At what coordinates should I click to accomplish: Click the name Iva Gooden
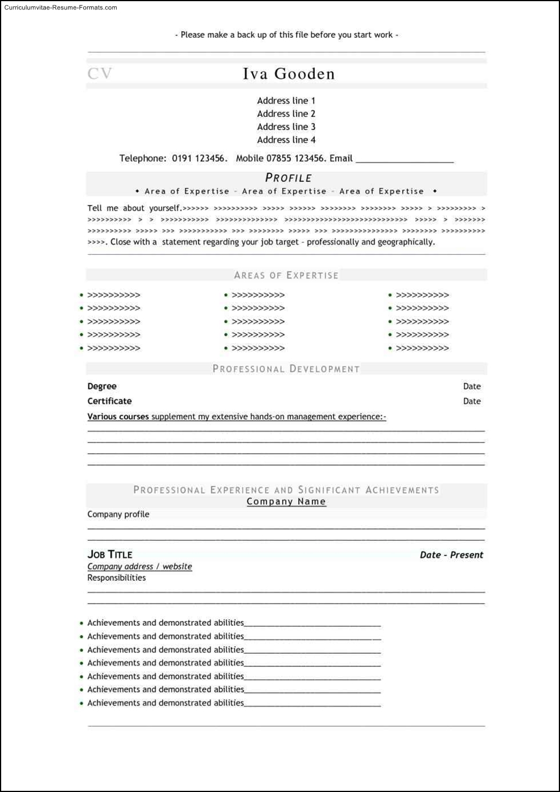pyautogui.click(x=288, y=74)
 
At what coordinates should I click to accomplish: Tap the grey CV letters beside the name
pyautogui.click(x=99, y=74)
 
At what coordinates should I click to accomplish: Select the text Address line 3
pyautogui.click(x=286, y=127)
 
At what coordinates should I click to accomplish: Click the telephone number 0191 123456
pyautogui.click(x=198, y=158)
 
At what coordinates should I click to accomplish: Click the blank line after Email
pyautogui.click(x=404, y=159)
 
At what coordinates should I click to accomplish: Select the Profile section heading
pyautogui.click(x=288, y=178)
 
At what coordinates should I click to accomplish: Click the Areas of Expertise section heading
pyautogui.click(x=286, y=275)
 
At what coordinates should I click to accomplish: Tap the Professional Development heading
pyautogui.click(x=286, y=369)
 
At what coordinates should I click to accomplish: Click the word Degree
pyautogui.click(x=102, y=386)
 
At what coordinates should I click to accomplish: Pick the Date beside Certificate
pyautogui.click(x=472, y=401)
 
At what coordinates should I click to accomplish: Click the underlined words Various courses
pyautogui.click(x=118, y=416)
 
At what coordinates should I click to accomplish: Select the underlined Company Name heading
pyautogui.click(x=286, y=501)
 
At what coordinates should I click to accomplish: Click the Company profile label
pyautogui.click(x=118, y=514)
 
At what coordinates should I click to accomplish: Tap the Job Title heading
pyautogui.click(x=110, y=554)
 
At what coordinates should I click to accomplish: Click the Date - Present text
pyautogui.click(x=451, y=555)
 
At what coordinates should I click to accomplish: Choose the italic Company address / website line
pyautogui.click(x=139, y=566)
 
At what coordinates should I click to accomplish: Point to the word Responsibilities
pyautogui.click(x=116, y=577)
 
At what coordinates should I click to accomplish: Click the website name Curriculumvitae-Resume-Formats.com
pyautogui.click(x=60, y=8)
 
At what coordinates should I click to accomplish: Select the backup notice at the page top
pyautogui.click(x=286, y=35)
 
